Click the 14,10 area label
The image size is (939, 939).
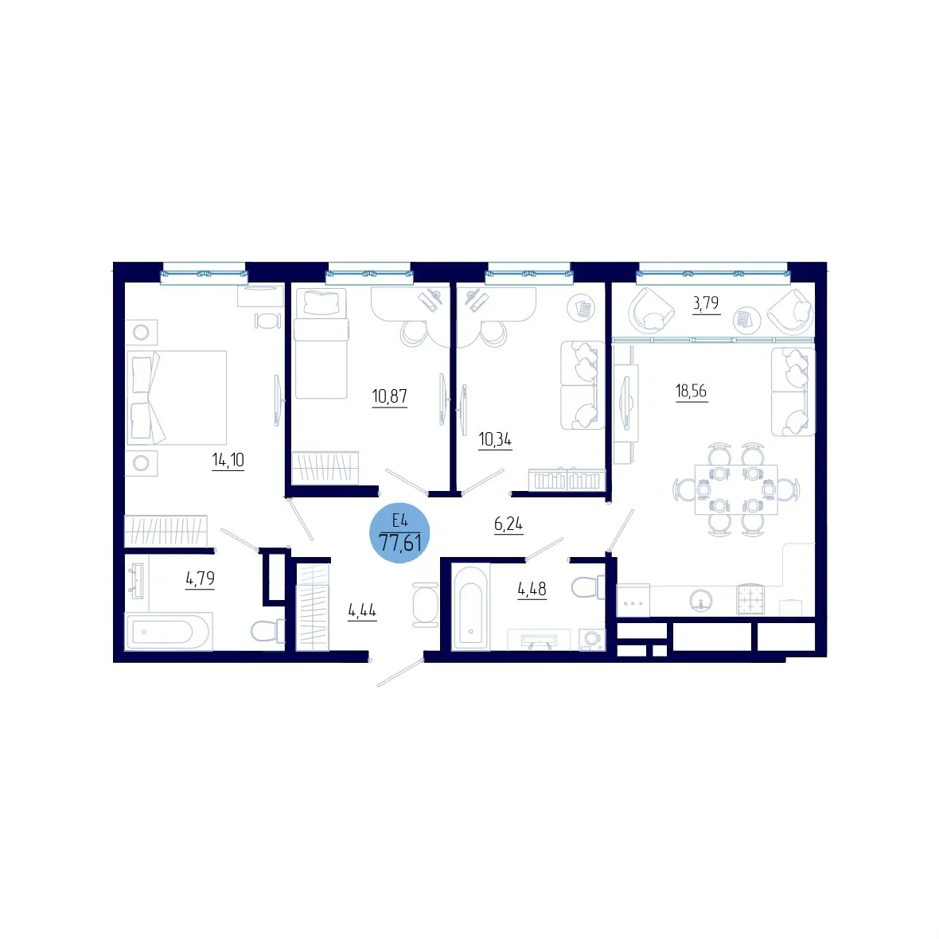coord(228,460)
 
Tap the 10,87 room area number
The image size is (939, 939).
coord(389,395)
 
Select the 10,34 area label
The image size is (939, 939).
coord(495,439)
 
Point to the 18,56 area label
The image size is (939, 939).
coord(691,391)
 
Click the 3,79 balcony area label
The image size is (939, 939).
coord(706,303)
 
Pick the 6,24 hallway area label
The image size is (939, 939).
coord(508,524)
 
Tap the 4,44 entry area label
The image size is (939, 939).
coord(362,611)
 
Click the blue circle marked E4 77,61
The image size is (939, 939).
coord(399,532)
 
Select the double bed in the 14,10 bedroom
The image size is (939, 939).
coord(176,398)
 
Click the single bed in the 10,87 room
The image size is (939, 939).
coord(321,344)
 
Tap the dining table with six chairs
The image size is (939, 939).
coord(736,489)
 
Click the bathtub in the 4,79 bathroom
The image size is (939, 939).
coord(168,631)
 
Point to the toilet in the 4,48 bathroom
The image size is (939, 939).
coord(587,587)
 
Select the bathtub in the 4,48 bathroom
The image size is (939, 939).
coord(471,607)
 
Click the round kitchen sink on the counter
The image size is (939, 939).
coord(700,599)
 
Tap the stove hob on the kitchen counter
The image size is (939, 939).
coord(750,599)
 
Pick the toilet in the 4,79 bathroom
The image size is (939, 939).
coord(267,630)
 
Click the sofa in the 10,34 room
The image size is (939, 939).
coord(582,385)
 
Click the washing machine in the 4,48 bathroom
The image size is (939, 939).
coord(592,639)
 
